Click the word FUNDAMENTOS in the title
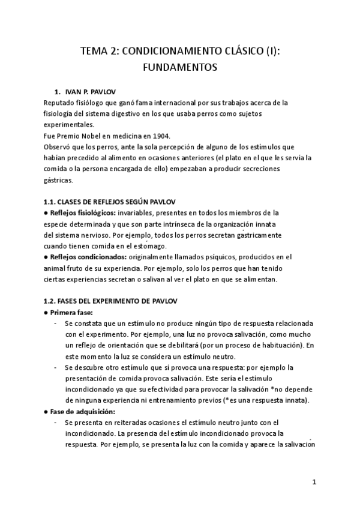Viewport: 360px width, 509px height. (x=179, y=68)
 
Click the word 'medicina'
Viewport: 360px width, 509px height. (x=116, y=136)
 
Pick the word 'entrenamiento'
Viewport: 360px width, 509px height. (x=206, y=400)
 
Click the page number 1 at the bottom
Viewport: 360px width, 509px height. (x=314, y=482)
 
